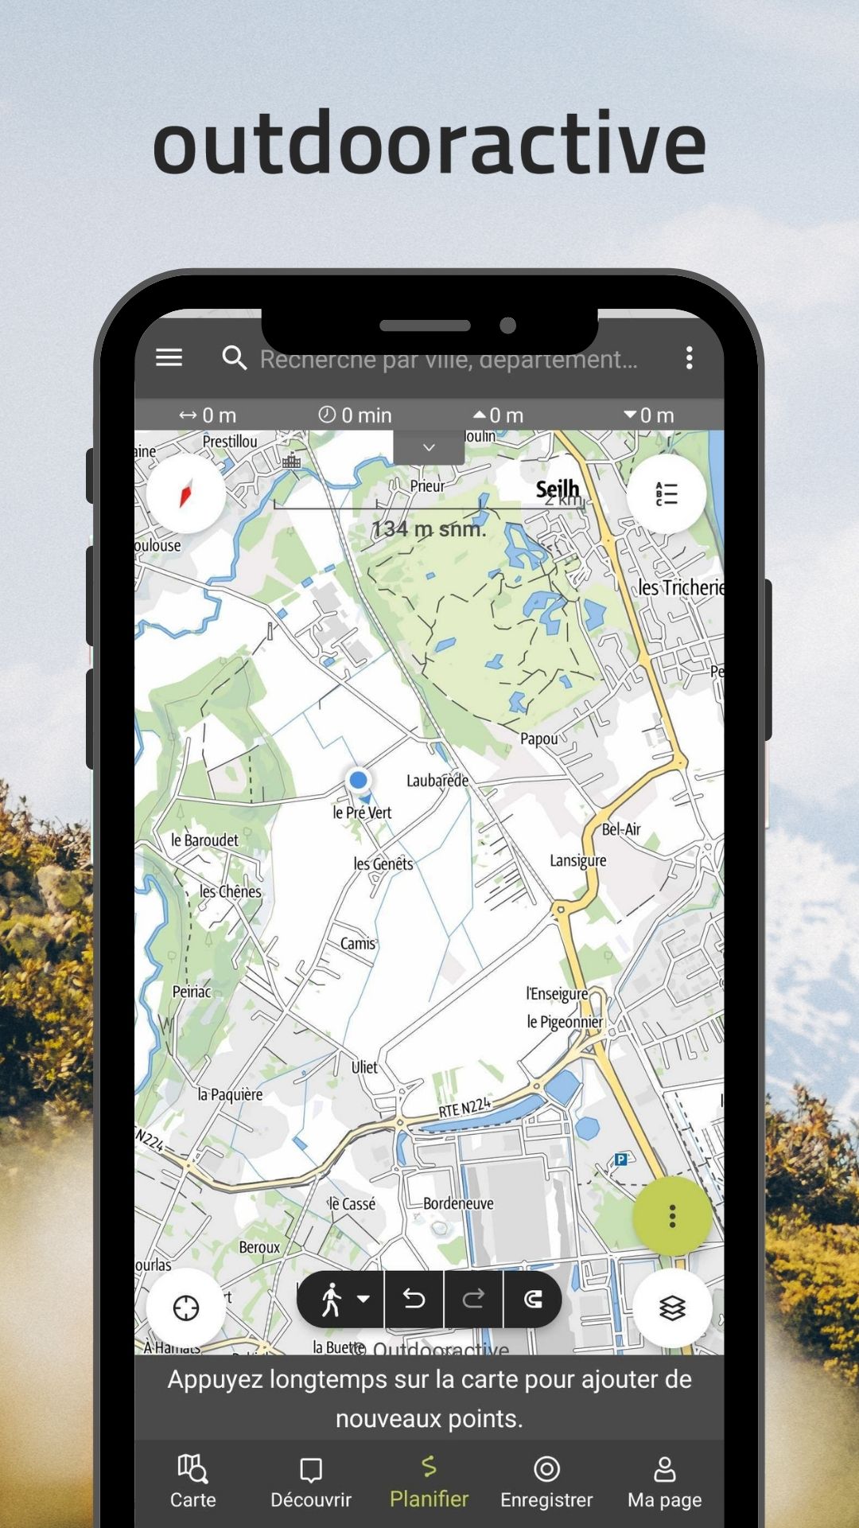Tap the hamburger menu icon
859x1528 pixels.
point(169,357)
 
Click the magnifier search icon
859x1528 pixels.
point(234,358)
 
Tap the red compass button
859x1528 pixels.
point(186,494)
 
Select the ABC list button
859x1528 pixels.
point(667,494)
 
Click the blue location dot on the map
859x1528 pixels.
point(358,780)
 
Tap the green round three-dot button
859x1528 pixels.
point(672,1216)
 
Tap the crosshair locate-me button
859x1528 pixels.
point(186,1308)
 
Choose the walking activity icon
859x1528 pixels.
point(332,1300)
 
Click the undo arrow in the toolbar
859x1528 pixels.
point(414,1300)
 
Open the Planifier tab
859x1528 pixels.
point(429,1482)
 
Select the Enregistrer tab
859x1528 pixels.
point(546,1482)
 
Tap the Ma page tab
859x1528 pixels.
point(664,1482)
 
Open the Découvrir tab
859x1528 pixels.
point(311,1482)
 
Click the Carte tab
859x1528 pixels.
point(193,1482)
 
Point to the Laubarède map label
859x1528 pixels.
point(437,781)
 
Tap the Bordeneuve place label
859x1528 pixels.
point(458,1203)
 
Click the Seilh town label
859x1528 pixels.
point(558,489)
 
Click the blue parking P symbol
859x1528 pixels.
point(621,1160)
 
